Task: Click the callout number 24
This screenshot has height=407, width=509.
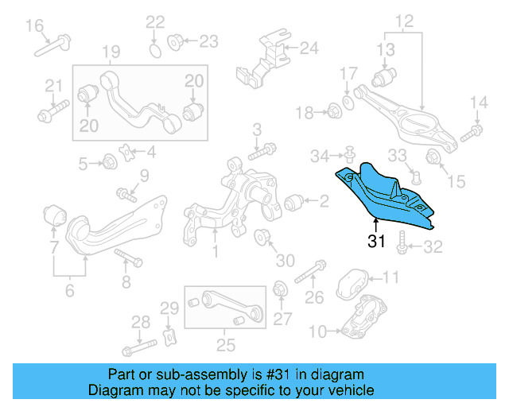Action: click(x=308, y=48)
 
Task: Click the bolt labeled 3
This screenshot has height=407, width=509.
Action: click(x=262, y=149)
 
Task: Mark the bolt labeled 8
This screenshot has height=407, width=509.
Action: click(x=127, y=258)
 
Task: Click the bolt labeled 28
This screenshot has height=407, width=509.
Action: click(x=137, y=347)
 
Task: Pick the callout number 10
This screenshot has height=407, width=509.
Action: click(x=316, y=330)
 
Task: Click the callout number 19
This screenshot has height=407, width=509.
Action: click(x=111, y=53)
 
